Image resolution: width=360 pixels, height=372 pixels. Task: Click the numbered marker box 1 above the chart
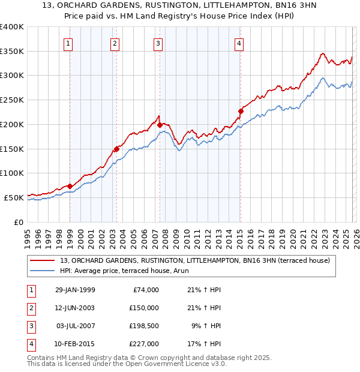(68, 43)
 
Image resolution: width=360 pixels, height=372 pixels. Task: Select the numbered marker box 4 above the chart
(239, 43)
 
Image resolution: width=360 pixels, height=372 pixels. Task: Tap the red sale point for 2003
(116, 149)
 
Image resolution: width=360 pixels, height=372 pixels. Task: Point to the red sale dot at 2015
(241, 111)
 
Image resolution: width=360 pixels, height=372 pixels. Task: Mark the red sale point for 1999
(70, 186)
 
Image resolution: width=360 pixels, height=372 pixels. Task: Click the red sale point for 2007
(160, 125)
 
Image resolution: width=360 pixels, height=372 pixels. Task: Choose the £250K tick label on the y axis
(12, 100)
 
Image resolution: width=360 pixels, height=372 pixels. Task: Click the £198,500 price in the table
(143, 327)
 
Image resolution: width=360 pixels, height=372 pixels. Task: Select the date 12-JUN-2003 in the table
(74, 308)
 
